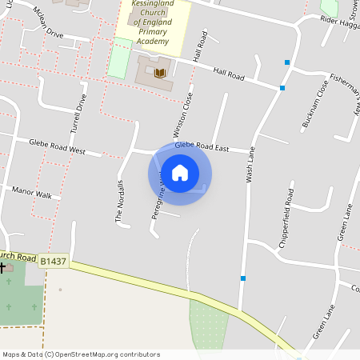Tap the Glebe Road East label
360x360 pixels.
(x=202, y=147)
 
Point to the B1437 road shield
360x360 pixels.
(x=53, y=261)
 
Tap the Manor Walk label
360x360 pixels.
(x=32, y=194)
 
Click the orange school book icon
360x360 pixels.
(x=161, y=74)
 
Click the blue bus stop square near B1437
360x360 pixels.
(x=242, y=278)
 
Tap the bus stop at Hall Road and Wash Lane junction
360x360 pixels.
(x=282, y=88)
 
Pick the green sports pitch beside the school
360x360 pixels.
(x=119, y=58)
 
